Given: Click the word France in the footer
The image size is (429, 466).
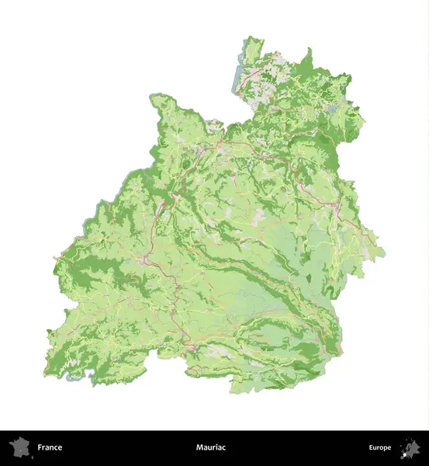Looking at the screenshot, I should coord(50,447).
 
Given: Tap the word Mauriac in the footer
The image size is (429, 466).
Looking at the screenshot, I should coord(211,447).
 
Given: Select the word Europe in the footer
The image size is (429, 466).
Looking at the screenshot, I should coord(380,447).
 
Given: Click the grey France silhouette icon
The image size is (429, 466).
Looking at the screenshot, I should coord(19,447).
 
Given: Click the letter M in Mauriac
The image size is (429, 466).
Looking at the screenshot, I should coord(199,447).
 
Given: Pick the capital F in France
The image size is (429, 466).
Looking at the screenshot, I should coord(40,447).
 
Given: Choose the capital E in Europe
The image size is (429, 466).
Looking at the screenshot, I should coord(371,447).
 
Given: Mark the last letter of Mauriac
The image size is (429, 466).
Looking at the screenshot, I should coord(223,447).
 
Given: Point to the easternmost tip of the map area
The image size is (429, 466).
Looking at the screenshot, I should coord(384,252).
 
